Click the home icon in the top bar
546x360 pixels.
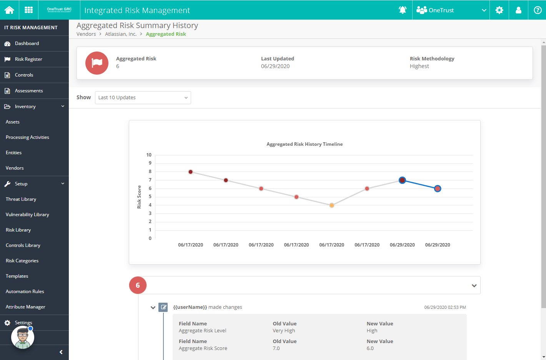click(9, 10)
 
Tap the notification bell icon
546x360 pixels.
click(403, 10)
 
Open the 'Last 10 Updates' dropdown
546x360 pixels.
click(143, 97)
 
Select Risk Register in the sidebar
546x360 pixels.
click(28, 59)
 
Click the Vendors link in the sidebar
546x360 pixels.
click(15, 168)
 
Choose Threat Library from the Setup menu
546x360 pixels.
click(21, 199)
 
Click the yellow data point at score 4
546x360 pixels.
click(331, 205)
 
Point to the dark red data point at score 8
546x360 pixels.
click(191, 172)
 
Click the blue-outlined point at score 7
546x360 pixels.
click(402, 180)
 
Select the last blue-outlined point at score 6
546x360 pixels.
click(438, 188)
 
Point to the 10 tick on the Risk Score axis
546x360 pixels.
click(149, 155)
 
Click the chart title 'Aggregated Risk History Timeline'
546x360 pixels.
click(305, 144)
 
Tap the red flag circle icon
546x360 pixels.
click(97, 63)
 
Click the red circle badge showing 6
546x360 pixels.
click(138, 285)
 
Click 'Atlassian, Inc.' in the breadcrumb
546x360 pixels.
click(121, 34)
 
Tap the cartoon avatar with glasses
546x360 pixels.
click(23, 337)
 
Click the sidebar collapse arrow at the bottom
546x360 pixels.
click(61, 352)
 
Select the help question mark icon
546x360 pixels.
click(538, 10)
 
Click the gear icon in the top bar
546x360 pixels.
click(499, 10)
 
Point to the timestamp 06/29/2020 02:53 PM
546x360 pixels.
click(445, 307)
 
